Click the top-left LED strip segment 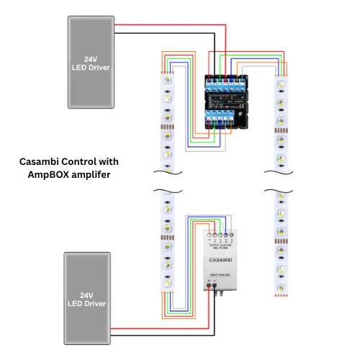click(166, 115)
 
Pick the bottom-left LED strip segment click(166, 245)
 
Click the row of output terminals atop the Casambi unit click(220, 235)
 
